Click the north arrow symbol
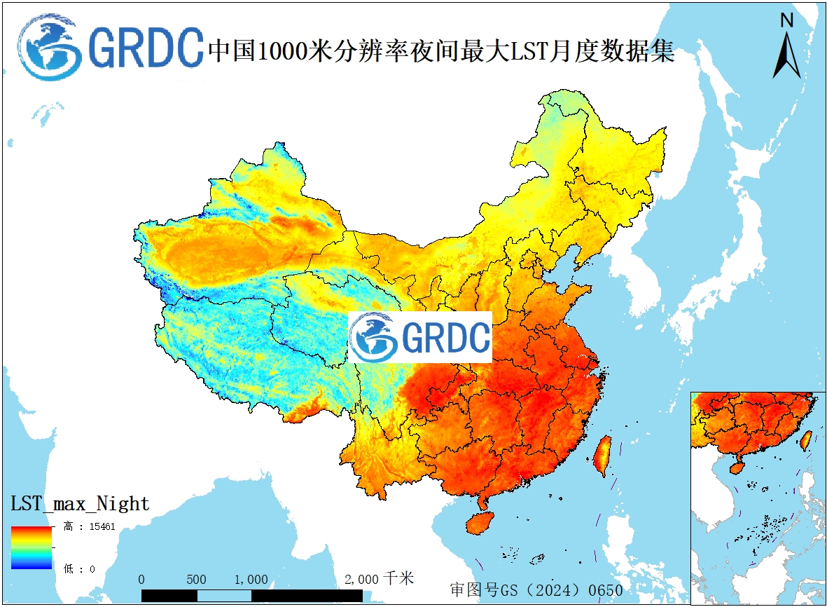click(786, 55)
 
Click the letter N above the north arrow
click(786, 20)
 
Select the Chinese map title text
click(441, 50)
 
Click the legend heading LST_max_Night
click(80, 503)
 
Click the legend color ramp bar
click(32, 547)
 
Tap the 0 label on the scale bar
click(141, 580)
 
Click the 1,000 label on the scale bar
click(251, 580)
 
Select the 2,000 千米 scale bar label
click(379, 579)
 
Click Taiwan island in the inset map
click(806, 439)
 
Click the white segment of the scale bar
click(224, 595)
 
